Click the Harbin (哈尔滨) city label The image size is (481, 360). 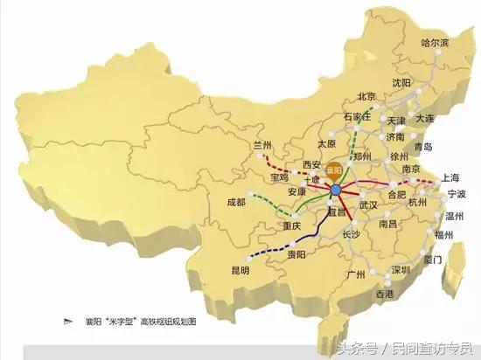436,42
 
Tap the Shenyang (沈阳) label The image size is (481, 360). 401,82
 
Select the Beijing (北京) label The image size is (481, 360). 366,96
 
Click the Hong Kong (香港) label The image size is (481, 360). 386,294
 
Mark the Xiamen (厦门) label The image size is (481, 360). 431,260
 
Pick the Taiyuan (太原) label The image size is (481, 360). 326,142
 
